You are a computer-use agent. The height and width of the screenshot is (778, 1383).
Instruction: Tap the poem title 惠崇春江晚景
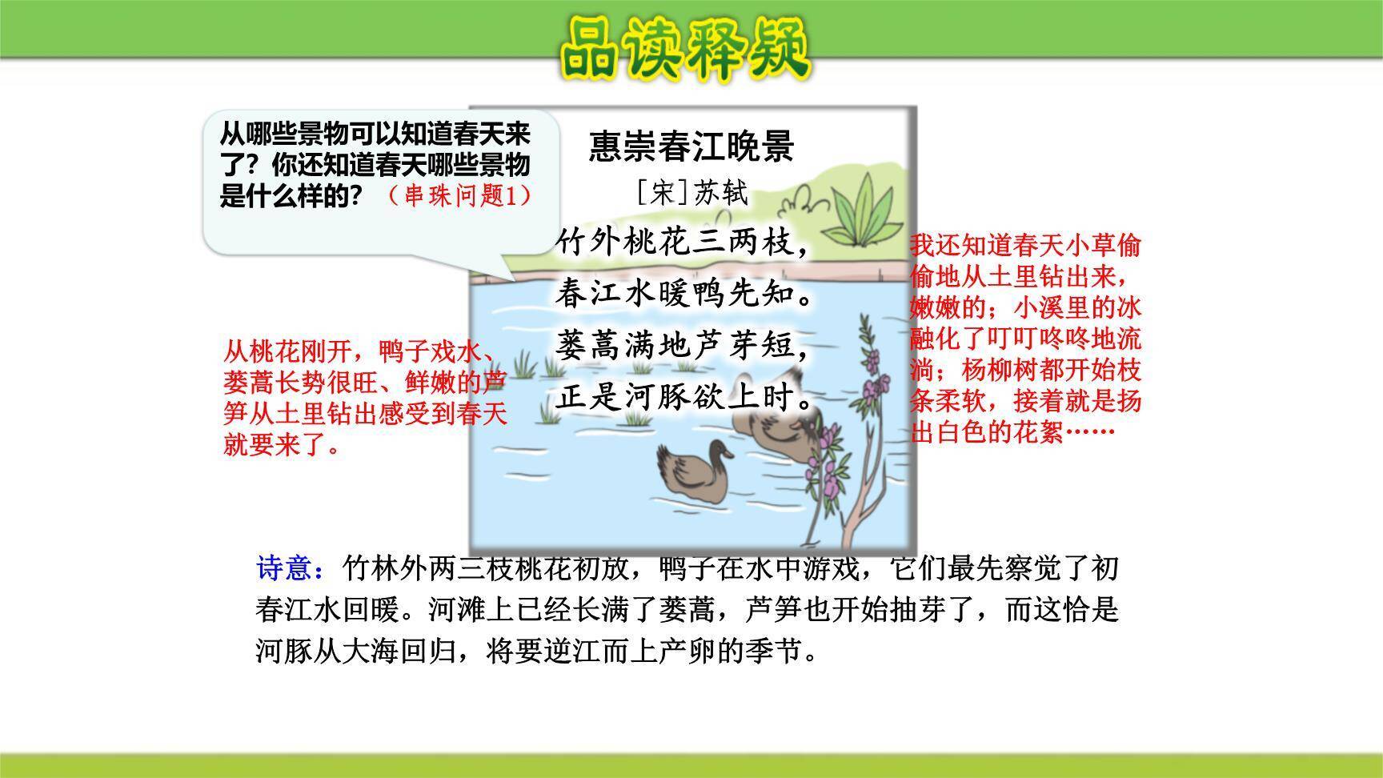coord(691,146)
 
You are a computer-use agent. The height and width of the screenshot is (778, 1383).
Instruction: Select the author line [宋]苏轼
coord(691,193)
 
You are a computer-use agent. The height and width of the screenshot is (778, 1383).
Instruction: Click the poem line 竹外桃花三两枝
coord(683,243)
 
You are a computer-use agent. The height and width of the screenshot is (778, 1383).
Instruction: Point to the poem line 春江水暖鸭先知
coord(683,295)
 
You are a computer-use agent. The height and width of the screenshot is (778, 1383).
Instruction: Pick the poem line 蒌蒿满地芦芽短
coord(683,346)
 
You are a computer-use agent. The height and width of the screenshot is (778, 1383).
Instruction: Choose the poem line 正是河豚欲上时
coord(683,397)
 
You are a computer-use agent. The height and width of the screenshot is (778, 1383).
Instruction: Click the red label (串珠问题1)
coord(459,195)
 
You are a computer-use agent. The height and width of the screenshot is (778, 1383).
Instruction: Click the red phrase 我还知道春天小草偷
coord(1024,246)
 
